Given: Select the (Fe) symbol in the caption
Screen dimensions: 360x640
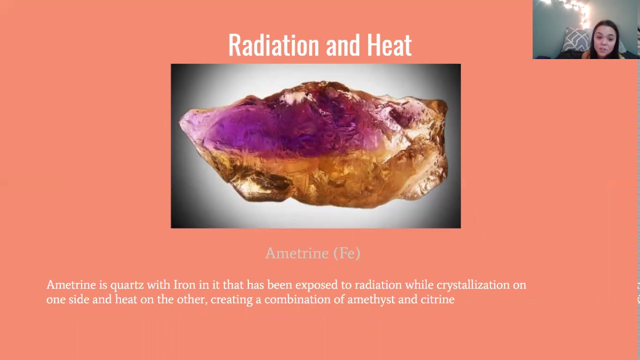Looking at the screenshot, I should tap(347, 253).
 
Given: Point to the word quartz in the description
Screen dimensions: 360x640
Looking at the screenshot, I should tap(127, 285).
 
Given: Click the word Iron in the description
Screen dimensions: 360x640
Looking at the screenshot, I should tap(184, 285).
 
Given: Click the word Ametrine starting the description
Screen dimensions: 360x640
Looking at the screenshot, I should tap(71, 285).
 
